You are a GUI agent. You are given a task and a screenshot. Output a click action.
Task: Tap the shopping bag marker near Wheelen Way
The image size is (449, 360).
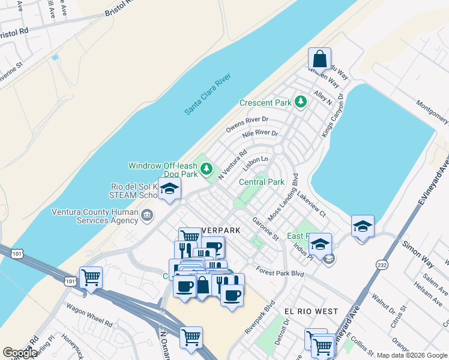[x=319, y=59]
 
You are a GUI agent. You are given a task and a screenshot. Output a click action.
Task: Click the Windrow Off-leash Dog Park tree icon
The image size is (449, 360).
[x=207, y=169]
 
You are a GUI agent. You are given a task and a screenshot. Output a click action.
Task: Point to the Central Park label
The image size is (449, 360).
[x=261, y=182]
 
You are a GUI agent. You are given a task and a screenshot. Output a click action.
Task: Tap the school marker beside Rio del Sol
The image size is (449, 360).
[x=170, y=189]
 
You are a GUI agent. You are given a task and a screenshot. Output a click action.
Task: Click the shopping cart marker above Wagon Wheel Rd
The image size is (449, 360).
[x=91, y=278]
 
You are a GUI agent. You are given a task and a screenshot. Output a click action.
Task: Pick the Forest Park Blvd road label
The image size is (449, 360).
[x=280, y=272]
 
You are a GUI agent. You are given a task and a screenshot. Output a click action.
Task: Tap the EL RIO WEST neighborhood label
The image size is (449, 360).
[x=311, y=311]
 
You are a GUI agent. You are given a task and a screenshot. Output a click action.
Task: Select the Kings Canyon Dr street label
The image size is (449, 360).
[x=332, y=115]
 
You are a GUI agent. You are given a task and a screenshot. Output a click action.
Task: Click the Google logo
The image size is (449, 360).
[x=20, y=353]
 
